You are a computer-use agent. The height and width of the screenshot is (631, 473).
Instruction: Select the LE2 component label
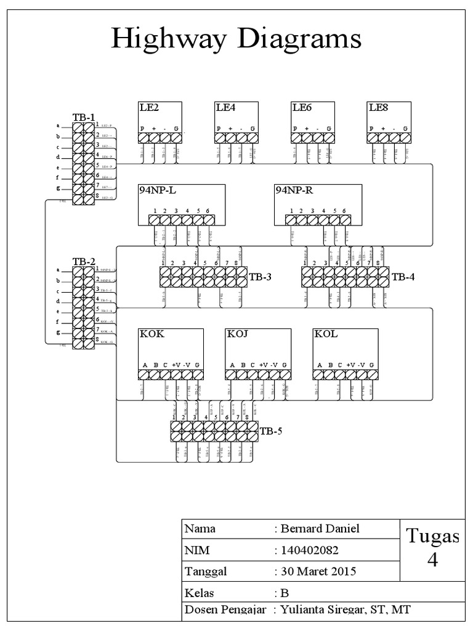[x=149, y=108]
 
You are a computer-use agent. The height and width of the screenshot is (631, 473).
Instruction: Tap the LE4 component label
[x=225, y=108]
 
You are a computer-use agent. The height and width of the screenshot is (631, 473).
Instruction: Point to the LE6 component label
[x=302, y=108]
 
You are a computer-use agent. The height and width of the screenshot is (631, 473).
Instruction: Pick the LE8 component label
[x=378, y=108]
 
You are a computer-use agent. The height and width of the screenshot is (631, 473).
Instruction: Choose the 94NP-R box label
[x=294, y=190]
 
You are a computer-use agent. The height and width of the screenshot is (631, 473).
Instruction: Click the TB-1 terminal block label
[x=84, y=117]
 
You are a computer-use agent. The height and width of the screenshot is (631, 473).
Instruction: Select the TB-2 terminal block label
[x=84, y=261]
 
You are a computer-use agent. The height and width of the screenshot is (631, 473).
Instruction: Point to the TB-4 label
[x=403, y=277]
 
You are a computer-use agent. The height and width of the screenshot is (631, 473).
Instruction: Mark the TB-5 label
[x=270, y=431]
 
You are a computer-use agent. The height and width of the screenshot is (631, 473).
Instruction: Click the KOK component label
[x=152, y=335]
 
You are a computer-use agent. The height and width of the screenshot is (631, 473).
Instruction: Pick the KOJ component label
[x=238, y=335]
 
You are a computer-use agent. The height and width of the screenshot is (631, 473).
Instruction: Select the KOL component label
[x=325, y=335]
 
